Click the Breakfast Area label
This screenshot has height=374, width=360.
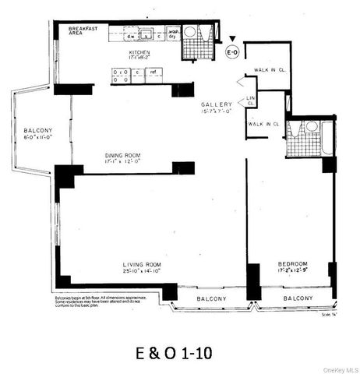(83, 30)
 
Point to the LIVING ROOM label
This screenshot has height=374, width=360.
(140, 264)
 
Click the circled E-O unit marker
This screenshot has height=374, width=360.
(231, 52)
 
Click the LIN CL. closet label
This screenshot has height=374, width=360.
(251, 100)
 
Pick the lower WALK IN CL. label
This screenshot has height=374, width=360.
(263, 124)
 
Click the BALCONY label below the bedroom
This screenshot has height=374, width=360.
(298, 298)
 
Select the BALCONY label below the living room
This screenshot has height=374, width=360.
(211, 298)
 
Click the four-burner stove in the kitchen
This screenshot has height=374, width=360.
(121, 76)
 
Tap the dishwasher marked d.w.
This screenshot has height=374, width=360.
(132, 35)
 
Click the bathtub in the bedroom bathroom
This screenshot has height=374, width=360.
(326, 139)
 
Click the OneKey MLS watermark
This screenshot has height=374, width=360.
(341, 369)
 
